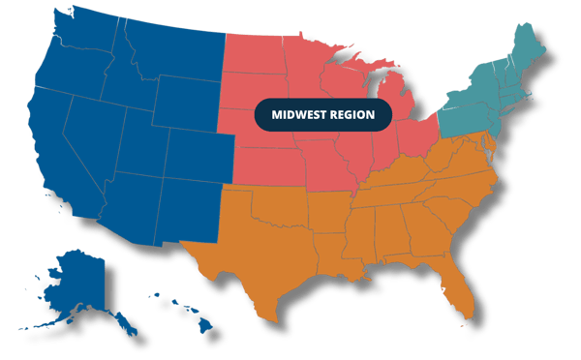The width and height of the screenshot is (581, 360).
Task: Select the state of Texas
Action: (266, 242)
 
